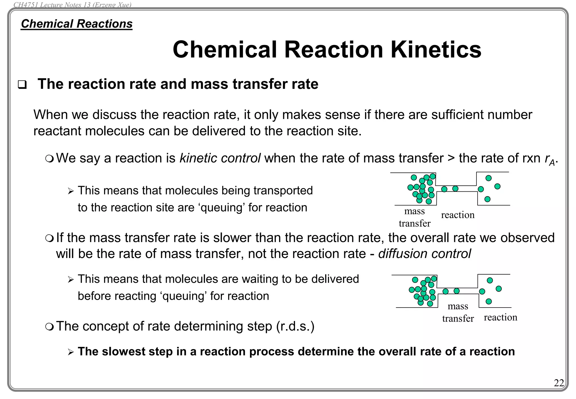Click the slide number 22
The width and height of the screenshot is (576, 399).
[559, 383]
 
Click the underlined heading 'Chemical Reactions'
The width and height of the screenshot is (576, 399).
[76, 24]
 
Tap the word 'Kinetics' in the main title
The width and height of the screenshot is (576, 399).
[436, 50]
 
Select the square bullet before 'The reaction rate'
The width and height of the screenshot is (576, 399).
[22, 85]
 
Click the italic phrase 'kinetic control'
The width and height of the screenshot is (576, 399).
[220, 158]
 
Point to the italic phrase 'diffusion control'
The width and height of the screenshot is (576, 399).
[424, 254]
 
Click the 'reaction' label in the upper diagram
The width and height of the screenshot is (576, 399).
[458, 215]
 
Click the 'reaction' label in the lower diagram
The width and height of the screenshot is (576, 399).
[500, 317]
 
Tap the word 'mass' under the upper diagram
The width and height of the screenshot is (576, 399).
[414, 211]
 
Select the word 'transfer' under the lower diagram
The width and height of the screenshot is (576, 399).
[458, 319]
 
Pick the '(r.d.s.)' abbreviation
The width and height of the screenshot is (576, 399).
[295, 326]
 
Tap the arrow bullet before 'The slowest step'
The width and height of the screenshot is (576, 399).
[71, 352]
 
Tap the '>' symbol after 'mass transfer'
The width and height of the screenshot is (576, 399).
[451, 158]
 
